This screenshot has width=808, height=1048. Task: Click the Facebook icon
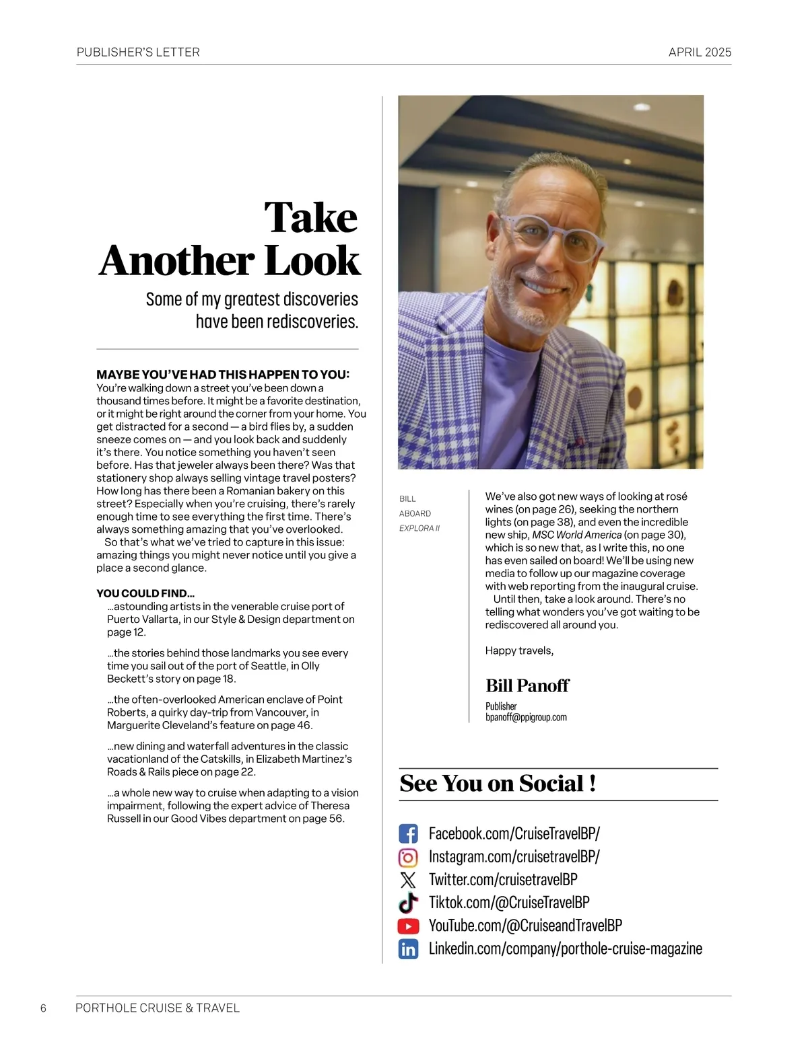408,834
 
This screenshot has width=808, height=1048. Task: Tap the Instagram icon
408,857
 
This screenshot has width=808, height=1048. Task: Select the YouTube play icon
408,926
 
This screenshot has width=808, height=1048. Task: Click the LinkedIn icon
408,949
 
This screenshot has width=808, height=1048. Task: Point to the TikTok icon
408,903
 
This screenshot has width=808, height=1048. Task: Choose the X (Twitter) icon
408,880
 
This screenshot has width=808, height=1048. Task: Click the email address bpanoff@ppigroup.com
526,717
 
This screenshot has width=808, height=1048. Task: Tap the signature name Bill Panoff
527,685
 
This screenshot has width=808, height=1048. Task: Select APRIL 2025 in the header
700,52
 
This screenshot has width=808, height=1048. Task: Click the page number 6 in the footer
44,1008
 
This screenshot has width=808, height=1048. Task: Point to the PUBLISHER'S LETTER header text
138,52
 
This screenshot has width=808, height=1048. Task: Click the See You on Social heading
498,784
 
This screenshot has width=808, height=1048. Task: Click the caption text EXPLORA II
419,528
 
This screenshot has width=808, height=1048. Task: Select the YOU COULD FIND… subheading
145,593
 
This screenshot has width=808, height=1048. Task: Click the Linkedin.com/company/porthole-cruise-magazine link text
565,949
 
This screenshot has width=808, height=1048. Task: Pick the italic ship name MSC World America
576,535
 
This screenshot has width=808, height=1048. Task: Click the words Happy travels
519,650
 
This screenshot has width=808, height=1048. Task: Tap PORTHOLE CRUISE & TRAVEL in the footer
158,1008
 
